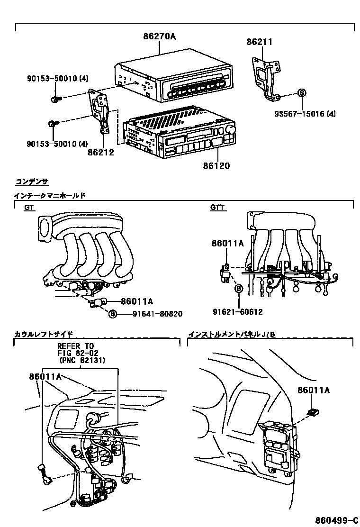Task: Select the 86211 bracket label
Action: (x=259, y=42)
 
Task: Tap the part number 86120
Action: (x=217, y=166)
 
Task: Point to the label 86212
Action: (x=100, y=153)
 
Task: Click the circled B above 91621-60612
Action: (x=239, y=288)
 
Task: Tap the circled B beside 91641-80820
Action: (x=113, y=313)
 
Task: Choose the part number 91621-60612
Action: (x=237, y=312)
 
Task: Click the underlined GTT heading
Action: (x=218, y=208)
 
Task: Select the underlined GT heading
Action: (x=29, y=208)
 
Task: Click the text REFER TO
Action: (x=76, y=346)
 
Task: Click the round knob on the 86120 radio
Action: (x=232, y=130)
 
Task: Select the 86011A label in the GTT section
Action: (x=227, y=244)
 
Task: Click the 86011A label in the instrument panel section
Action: (x=314, y=390)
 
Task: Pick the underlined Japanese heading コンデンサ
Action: (x=32, y=182)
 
